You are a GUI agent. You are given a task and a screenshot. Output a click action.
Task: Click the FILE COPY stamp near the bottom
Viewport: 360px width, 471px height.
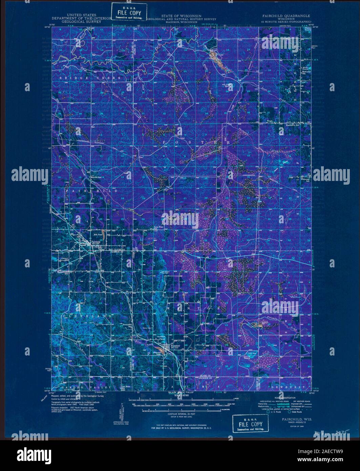point(250,424)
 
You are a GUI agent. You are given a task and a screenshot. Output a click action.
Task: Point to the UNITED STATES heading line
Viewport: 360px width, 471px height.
point(82,15)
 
